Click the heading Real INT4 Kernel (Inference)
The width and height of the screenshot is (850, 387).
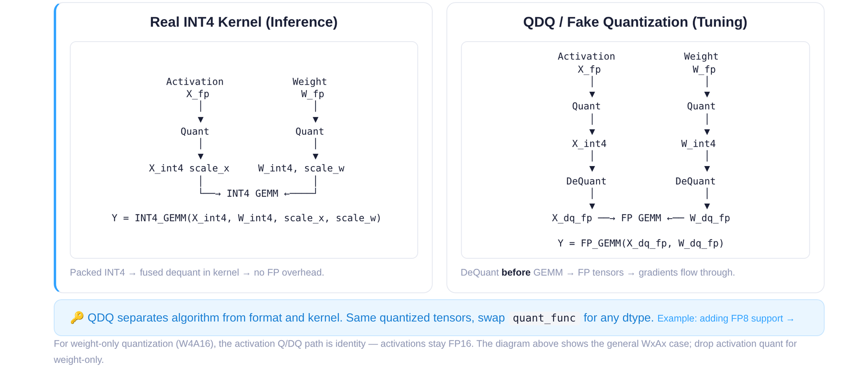point(244,22)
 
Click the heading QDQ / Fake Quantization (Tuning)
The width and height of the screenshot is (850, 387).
point(635,22)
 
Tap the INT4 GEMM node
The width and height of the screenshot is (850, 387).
point(252,193)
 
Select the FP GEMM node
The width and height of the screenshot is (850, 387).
point(641,218)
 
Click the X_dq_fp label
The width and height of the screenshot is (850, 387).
point(572,218)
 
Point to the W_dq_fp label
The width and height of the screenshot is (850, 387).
point(709,218)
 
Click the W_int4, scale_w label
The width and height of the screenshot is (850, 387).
point(301,168)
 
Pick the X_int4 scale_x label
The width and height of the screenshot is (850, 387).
point(189,168)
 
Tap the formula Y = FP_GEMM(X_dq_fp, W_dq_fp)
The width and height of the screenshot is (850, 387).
point(641,243)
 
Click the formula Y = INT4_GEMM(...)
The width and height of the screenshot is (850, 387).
point(246,218)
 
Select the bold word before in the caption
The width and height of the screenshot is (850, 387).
point(515,273)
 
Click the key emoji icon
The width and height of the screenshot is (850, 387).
point(77,318)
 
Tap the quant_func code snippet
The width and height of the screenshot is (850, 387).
point(544,318)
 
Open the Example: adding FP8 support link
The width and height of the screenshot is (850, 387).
point(725,319)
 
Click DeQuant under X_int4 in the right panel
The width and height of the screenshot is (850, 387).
point(586,181)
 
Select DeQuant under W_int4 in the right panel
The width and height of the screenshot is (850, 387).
point(695,181)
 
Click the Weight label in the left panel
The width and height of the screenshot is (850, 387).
point(309,82)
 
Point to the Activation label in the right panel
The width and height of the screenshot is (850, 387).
point(586,57)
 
